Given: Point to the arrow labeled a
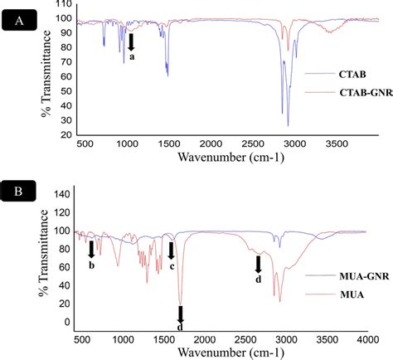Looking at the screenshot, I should coord(130,41).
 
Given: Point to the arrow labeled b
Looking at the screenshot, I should coord(91,248).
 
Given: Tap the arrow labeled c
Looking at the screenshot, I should coord(172,250).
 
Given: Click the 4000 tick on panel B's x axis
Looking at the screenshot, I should coord(365,340).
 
